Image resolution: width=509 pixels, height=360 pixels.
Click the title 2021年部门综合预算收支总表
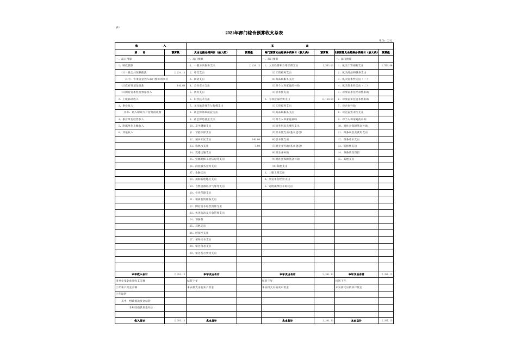click(x=254, y=33)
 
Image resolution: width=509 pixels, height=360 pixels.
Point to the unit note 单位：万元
click(x=386, y=40)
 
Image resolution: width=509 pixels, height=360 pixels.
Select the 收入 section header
click(x=150, y=46)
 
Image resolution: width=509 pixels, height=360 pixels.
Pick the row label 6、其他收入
click(x=126, y=132)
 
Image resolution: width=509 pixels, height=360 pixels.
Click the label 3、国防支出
click(x=197, y=79)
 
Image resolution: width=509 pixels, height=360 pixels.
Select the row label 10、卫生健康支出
click(x=201, y=126)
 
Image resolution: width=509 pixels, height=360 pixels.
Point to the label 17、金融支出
click(x=198, y=172)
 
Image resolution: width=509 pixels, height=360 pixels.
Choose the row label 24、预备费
click(x=196, y=219)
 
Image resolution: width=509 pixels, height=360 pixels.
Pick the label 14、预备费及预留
click(x=349, y=152)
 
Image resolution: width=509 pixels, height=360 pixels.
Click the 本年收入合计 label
click(x=140, y=274)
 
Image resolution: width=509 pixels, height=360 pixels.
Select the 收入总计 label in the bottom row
click(x=140, y=321)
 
